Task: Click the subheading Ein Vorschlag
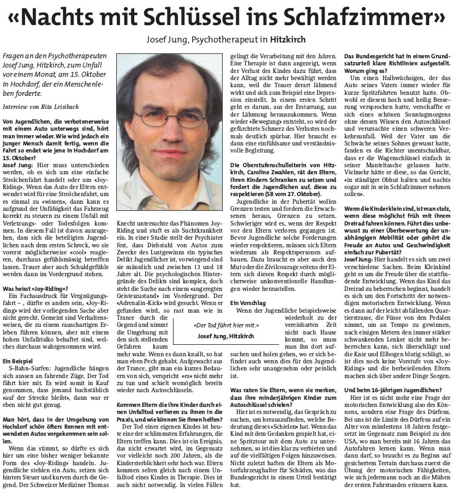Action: tap(248, 302)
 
